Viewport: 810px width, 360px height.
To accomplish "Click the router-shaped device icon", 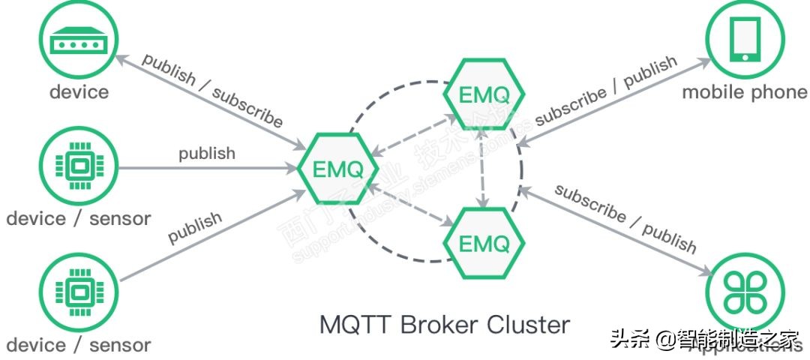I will [78, 42].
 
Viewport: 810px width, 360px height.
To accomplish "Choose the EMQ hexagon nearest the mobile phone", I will [484, 94].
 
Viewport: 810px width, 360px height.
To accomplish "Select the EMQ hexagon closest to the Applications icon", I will [484, 243].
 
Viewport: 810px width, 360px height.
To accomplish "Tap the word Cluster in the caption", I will [528, 325].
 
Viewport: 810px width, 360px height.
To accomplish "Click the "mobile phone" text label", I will [744, 93].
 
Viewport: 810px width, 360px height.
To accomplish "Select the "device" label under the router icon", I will [79, 92].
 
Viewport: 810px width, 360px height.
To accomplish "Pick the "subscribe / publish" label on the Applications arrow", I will [625, 217].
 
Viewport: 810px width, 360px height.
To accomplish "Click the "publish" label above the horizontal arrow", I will [207, 153].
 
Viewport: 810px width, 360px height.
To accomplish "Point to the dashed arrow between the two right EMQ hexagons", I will [484, 169].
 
